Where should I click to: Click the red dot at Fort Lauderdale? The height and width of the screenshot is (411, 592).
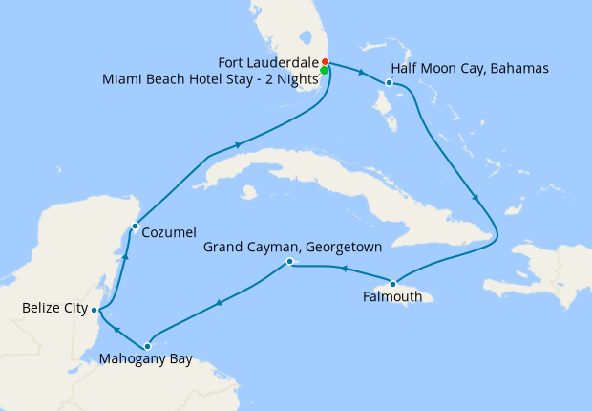tap(325, 62)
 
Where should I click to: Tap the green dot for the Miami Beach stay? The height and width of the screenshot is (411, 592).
tap(325, 70)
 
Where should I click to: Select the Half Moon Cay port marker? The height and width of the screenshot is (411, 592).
tap(390, 83)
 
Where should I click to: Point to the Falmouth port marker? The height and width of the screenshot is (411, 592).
tap(392, 283)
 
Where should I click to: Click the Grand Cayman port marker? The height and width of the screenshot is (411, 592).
tap(289, 262)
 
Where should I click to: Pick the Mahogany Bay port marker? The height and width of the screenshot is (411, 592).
tap(147, 346)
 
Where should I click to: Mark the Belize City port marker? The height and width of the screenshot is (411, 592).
tap(94, 310)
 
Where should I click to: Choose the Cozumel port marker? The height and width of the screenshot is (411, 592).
tap(135, 226)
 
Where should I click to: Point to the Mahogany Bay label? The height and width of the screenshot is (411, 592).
tap(146, 360)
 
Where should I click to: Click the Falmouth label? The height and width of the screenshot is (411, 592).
tap(393, 297)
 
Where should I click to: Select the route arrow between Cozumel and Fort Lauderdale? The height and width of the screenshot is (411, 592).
tap(236, 145)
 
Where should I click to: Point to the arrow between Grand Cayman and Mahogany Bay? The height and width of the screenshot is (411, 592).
tap(219, 304)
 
